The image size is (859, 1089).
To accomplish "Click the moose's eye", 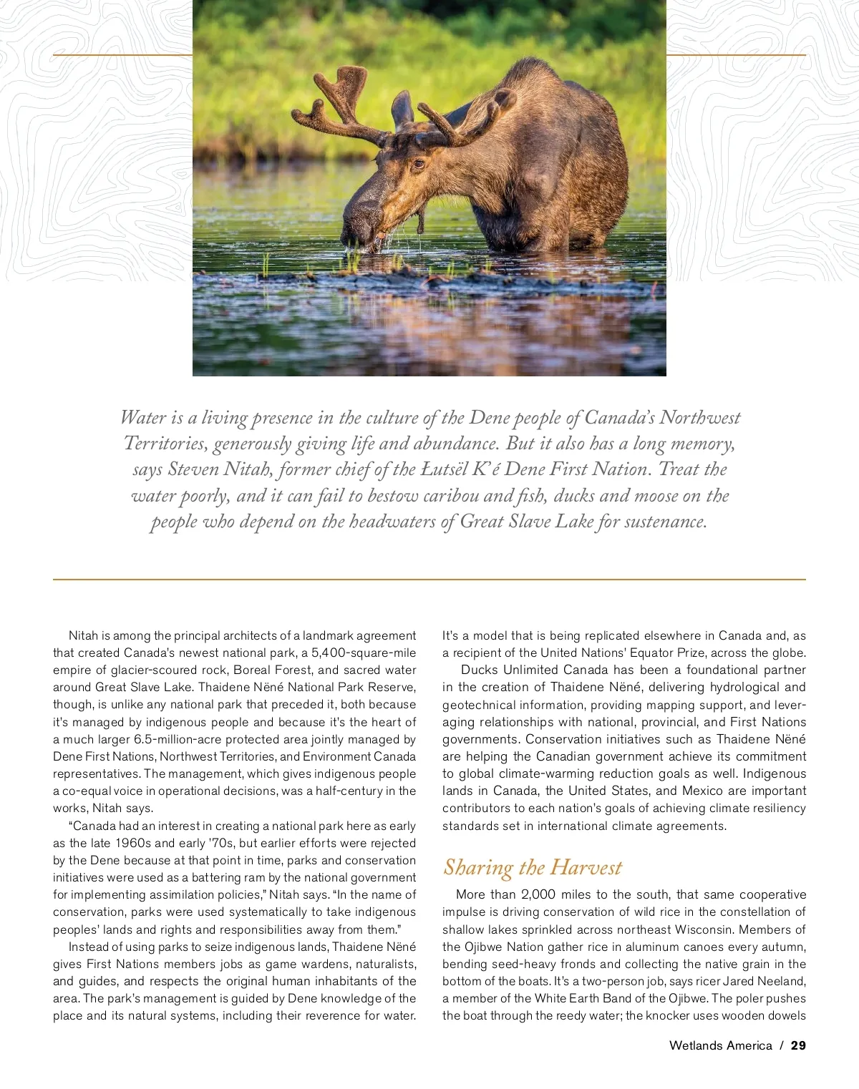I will [417, 164].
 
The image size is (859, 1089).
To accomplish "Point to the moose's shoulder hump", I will [533, 79].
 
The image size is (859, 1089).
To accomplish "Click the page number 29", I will [798, 1045].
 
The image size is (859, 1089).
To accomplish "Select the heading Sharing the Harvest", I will [533, 867].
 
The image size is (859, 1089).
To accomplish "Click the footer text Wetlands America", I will [720, 1045].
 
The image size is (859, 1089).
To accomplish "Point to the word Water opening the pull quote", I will [143, 417].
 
